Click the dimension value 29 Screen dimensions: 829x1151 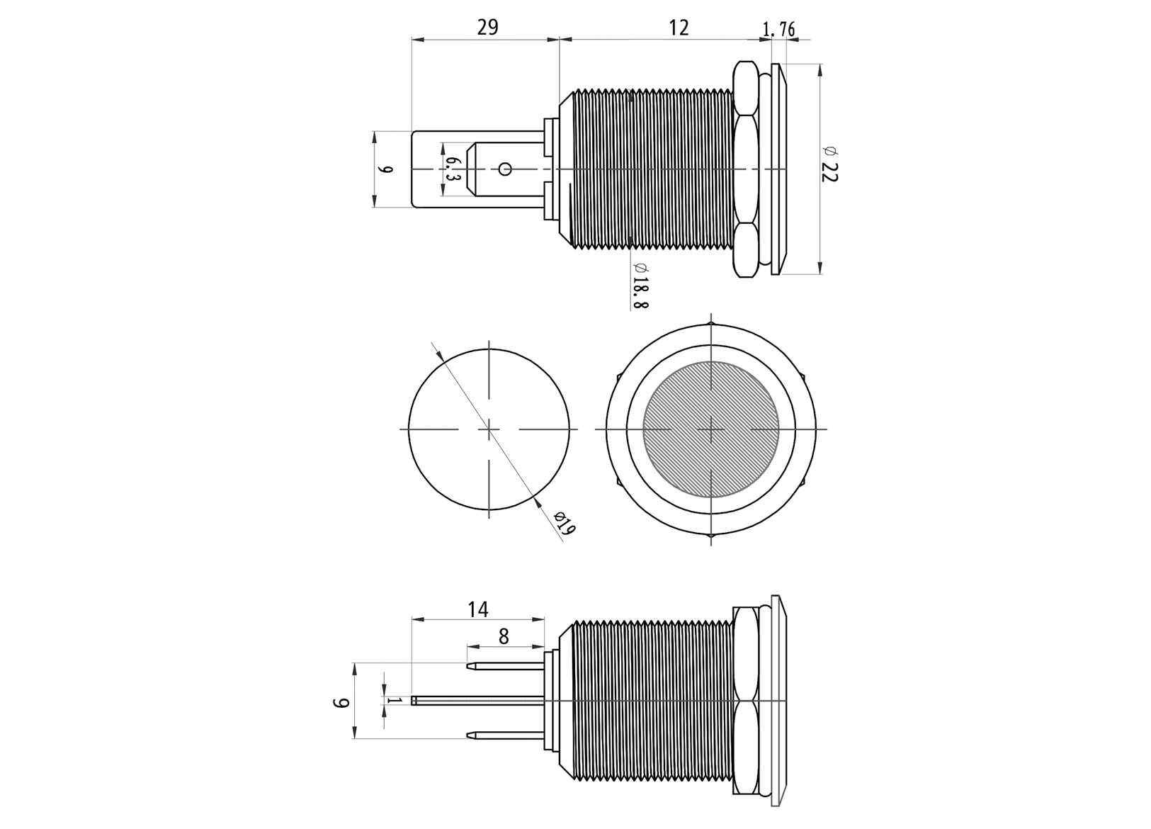[x=487, y=27]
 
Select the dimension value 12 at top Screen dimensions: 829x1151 [x=678, y=27]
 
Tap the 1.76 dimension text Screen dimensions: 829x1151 [x=778, y=29]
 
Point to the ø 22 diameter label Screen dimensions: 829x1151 [x=829, y=164]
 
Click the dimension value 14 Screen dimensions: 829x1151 [x=477, y=609]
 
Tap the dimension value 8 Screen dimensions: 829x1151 [x=504, y=636]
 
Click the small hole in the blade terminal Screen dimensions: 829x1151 [x=505, y=169]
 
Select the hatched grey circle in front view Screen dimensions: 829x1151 [x=710, y=429]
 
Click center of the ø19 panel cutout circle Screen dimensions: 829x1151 [x=489, y=429]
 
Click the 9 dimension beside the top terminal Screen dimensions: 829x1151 [x=385, y=169]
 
